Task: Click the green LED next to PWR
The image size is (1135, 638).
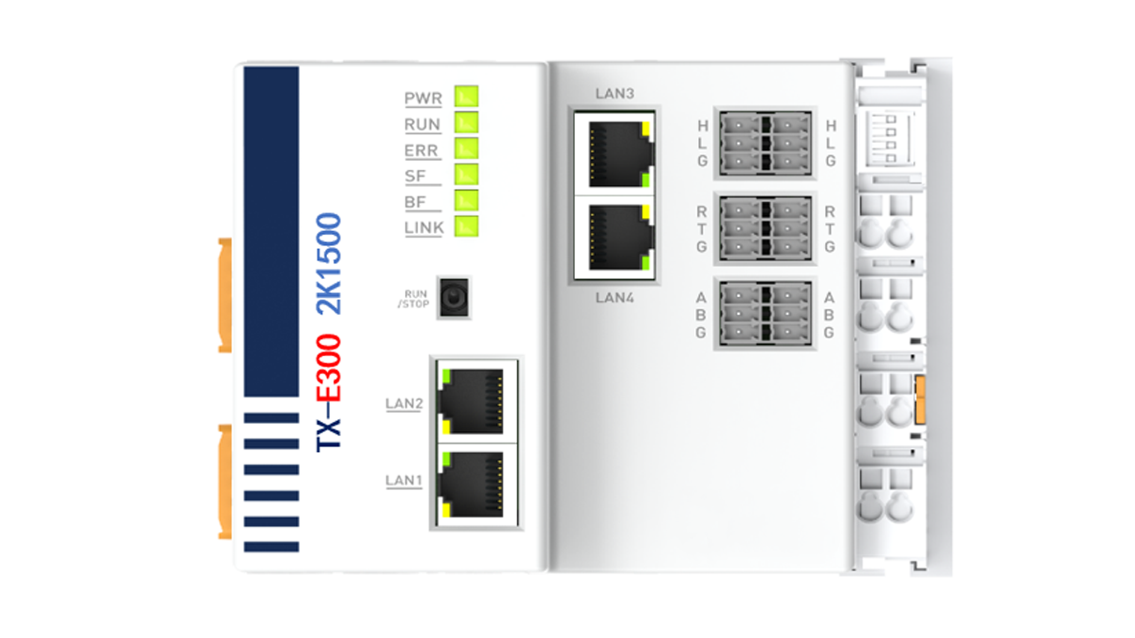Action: [466, 96]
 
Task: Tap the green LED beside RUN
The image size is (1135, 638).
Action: [466, 123]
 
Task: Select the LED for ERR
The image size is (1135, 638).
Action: [466, 148]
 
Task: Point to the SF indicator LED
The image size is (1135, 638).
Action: [466, 175]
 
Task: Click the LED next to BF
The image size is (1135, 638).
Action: [466, 200]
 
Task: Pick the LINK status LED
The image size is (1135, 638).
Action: [466, 226]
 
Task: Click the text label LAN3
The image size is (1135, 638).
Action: [614, 93]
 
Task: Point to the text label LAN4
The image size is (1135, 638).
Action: [614, 298]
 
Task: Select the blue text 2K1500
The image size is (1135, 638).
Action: [329, 264]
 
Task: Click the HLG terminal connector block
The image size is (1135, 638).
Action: [765, 144]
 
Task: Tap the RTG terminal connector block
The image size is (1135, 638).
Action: [765, 228]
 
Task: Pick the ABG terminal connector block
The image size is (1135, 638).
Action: [765, 314]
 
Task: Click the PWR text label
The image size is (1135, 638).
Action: [423, 98]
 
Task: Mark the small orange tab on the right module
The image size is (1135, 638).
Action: [920, 400]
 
